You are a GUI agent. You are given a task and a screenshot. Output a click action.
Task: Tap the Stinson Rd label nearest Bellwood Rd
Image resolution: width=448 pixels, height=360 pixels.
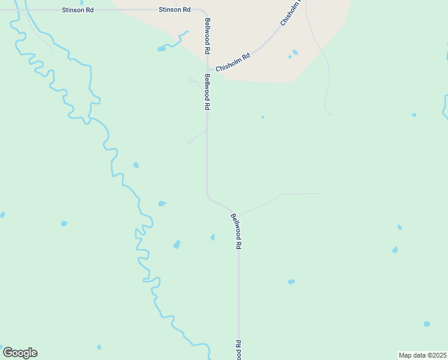pos(174,10)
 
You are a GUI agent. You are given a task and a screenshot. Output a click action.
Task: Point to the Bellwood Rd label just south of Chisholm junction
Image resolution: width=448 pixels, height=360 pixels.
pos(207,92)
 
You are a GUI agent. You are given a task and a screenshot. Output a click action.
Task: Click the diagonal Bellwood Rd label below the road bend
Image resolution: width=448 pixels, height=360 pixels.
pos(237,231)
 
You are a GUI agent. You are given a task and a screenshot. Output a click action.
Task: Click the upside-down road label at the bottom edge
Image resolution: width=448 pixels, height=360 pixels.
pos(238,349)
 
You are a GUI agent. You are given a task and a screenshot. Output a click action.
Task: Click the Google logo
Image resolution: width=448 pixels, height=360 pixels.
pos(20,353)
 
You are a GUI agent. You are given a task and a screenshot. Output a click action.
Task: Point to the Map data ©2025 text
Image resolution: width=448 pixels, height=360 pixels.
pos(422,355)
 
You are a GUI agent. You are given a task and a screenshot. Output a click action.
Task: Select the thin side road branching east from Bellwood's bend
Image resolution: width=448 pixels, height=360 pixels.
pos(281,194)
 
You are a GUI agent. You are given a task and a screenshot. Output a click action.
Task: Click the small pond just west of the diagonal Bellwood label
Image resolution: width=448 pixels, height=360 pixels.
pos(213,238)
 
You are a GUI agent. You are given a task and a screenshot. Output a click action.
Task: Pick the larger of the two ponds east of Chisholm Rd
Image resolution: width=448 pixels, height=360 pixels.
pos(295,52)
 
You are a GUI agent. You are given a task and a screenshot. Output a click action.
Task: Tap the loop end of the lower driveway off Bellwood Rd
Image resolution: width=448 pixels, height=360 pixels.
pos(189,142)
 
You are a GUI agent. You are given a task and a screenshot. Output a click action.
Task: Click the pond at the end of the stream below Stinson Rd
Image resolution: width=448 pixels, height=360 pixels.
pos(161,49)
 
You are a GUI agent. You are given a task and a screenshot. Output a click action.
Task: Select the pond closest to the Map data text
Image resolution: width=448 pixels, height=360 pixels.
pos(426,324)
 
